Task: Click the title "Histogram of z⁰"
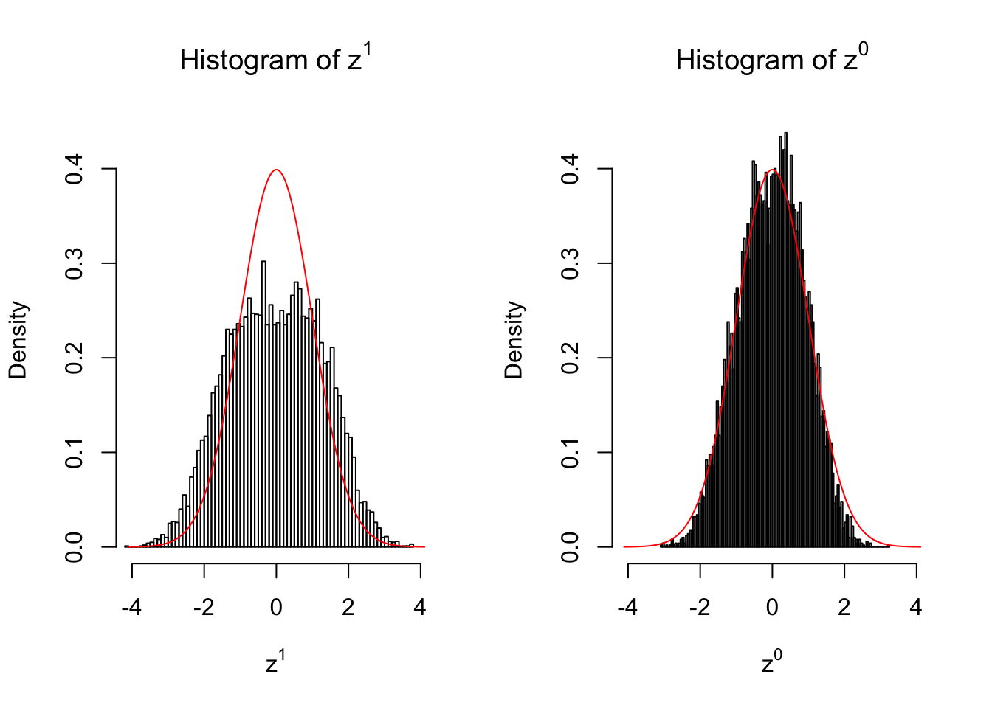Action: click(x=771, y=59)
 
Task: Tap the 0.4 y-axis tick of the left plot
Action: click(x=75, y=169)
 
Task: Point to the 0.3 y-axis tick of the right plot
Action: click(x=571, y=263)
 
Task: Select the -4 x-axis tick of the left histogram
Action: click(x=132, y=608)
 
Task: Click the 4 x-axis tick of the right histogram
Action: click(x=916, y=608)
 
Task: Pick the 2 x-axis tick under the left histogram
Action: click(x=348, y=608)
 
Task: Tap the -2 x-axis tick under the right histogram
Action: click(x=699, y=608)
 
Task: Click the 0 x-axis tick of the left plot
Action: click(x=276, y=608)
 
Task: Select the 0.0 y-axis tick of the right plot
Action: click(x=571, y=546)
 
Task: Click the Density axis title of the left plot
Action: click(x=18, y=340)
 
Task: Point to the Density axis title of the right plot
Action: click(x=514, y=340)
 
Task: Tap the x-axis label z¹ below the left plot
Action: click(x=275, y=662)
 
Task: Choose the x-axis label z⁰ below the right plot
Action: click(x=771, y=662)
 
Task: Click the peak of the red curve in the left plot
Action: click(x=276, y=170)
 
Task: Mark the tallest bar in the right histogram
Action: click(x=785, y=339)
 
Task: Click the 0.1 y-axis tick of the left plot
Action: click(x=75, y=452)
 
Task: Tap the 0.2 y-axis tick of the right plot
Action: click(x=571, y=358)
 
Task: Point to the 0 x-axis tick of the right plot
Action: click(x=772, y=608)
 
